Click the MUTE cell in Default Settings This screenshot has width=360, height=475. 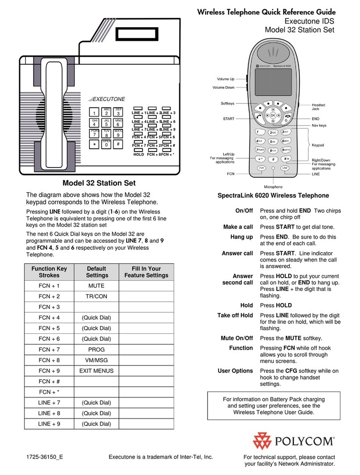(96, 285)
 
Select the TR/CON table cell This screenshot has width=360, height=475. (96, 296)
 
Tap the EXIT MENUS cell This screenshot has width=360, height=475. (96, 371)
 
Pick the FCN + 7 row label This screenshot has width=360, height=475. (49, 349)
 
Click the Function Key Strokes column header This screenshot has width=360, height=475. (49, 272)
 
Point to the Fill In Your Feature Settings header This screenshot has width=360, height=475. (146, 272)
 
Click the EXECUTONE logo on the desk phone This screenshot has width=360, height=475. (106, 99)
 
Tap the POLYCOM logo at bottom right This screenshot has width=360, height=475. (294, 441)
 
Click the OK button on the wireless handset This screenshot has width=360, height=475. (272, 115)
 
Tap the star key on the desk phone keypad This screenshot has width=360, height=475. (94, 145)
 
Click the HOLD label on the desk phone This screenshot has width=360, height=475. (139, 154)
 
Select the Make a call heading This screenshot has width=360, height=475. (237, 227)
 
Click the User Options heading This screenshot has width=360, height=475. (235, 371)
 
